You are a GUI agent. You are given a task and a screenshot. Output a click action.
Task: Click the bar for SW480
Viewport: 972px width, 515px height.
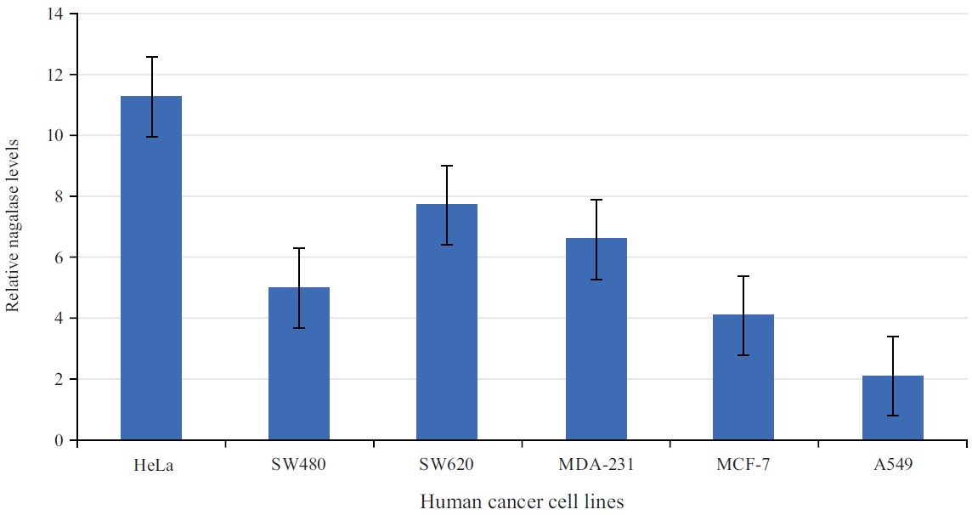[x=299, y=365]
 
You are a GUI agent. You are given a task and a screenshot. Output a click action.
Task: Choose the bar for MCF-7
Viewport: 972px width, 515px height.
[x=743, y=378]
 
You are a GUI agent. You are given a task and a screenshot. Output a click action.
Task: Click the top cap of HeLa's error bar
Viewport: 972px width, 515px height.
[x=151, y=57]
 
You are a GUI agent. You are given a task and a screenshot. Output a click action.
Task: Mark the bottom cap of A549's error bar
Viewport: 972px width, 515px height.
[x=892, y=416]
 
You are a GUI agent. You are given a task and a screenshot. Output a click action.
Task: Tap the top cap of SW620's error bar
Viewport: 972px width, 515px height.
[x=447, y=166]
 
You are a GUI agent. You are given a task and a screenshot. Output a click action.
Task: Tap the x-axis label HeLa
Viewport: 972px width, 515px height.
[x=151, y=465]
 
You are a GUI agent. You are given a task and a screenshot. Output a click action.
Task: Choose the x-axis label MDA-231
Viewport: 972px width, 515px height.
[x=596, y=465]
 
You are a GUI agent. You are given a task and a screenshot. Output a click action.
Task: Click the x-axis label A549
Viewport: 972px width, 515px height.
[x=892, y=465]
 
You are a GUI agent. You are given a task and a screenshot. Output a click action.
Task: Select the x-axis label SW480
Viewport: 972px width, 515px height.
[x=299, y=465]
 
